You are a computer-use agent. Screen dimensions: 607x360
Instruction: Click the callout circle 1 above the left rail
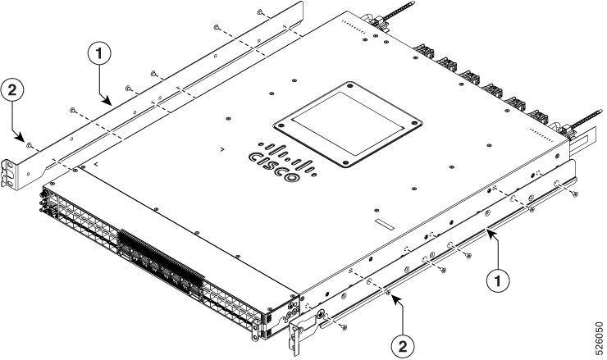pyautogui.click(x=99, y=54)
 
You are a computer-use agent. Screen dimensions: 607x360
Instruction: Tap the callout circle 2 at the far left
pyautogui.click(x=12, y=91)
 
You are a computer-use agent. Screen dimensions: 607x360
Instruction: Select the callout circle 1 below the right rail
pyautogui.click(x=498, y=280)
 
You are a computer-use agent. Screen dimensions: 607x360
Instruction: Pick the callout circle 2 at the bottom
pyautogui.click(x=403, y=346)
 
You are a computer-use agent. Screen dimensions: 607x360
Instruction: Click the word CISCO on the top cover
pyautogui.click(x=275, y=166)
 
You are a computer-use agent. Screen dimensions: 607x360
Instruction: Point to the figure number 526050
pyautogui.click(x=599, y=336)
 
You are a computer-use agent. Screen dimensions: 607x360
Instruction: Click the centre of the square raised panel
pyautogui.click(x=348, y=124)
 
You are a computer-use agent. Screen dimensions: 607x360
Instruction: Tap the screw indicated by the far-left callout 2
pyautogui.click(x=29, y=145)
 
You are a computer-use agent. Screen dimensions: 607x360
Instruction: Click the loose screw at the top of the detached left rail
pyautogui.click(x=260, y=12)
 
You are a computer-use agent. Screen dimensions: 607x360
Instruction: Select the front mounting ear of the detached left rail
pyautogui.click(x=11, y=175)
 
